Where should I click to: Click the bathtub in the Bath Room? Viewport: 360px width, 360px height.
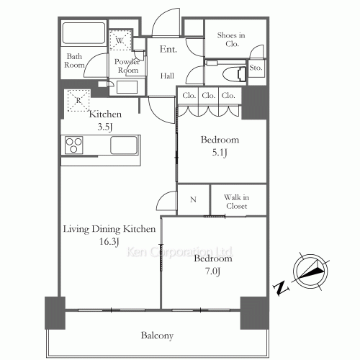84,33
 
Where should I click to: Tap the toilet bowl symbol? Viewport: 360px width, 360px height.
234,74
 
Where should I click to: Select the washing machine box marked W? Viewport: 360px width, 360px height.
120,40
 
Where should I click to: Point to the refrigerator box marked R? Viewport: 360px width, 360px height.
78,100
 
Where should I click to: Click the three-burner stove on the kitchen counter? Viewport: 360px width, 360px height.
74,145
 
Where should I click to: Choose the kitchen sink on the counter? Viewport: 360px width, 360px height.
124,145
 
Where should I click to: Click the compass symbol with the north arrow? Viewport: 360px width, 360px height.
310,271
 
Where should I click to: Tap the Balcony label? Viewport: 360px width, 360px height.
157,336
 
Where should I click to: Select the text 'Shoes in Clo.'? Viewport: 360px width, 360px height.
231,40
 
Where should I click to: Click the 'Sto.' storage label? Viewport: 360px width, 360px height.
256,68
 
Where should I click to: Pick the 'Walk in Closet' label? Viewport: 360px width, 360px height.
237,202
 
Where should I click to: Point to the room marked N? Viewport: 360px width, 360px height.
193,199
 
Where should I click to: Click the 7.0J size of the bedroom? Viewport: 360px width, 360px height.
213,271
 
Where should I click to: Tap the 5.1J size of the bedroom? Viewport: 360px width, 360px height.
220,153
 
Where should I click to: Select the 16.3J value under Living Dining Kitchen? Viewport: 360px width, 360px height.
109,242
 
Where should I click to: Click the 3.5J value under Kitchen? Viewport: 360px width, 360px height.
105,127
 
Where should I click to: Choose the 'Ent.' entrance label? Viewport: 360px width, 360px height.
168,49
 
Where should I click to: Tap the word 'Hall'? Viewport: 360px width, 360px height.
167,76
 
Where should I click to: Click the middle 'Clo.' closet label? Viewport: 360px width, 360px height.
208,96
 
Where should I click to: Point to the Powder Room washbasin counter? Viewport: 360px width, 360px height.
127,87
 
